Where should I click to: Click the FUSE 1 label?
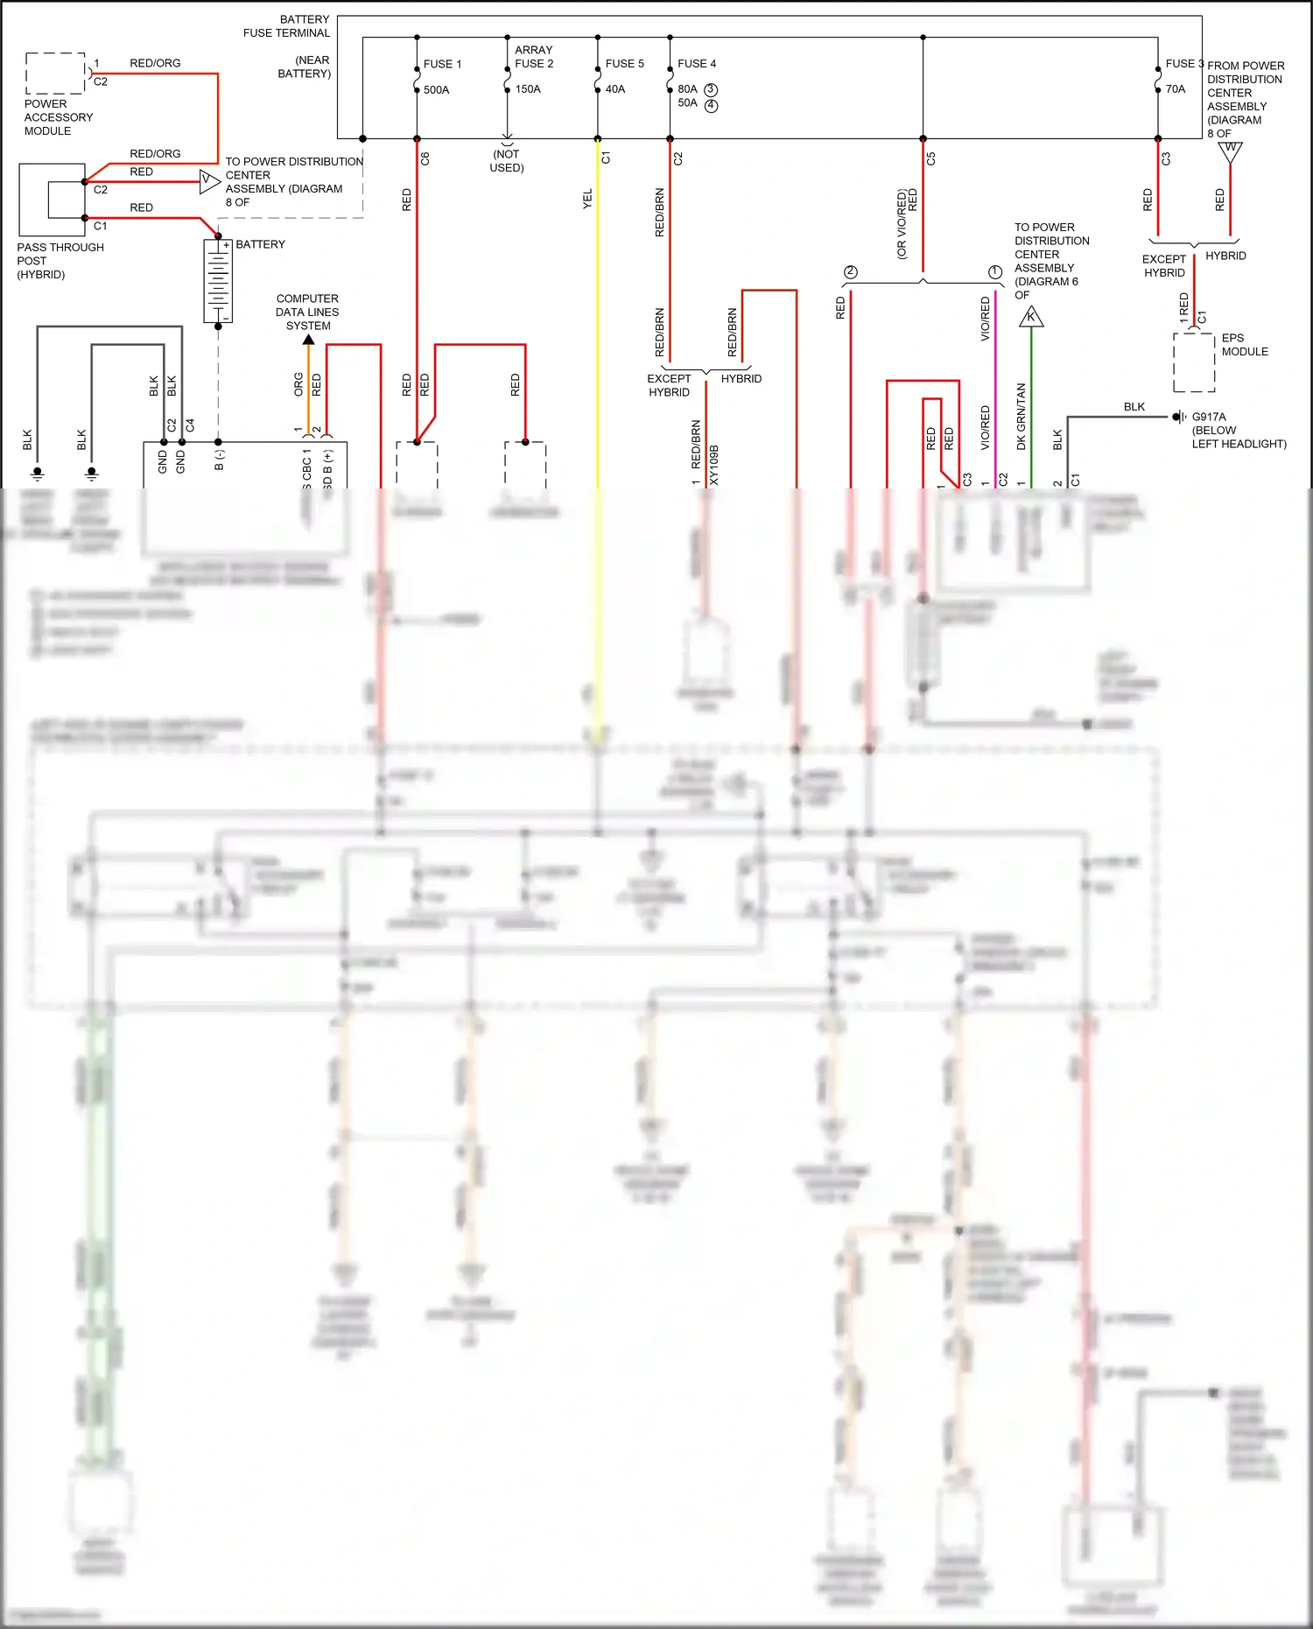click(x=442, y=64)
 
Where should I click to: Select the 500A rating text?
click(x=436, y=90)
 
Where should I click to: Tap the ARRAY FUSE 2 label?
click(x=533, y=57)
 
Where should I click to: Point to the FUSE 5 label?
click(x=624, y=64)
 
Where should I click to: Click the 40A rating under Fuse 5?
click(x=615, y=89)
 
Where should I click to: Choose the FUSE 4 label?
click(x=697, y=64)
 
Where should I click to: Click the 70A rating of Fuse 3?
click(x=1175, y=89)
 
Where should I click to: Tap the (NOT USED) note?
click(x=506, y=161)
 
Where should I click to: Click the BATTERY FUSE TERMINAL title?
click(x=286, y=26)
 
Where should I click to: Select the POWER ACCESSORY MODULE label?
click(x=58, y=117)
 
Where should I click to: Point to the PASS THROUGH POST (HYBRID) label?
click(x=60, y=261)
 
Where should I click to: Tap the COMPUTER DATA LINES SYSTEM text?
click(x=307, y=312)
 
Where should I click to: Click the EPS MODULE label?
click(x=1244, y=345)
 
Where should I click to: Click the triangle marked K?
click(x=1031, y=318)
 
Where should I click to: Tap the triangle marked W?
click(x=1230, y=151)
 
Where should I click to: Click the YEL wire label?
click(x=587, y=199)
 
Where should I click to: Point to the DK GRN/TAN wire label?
click(x=1021, y=417)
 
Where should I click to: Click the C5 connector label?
click(x=930, y=159)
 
